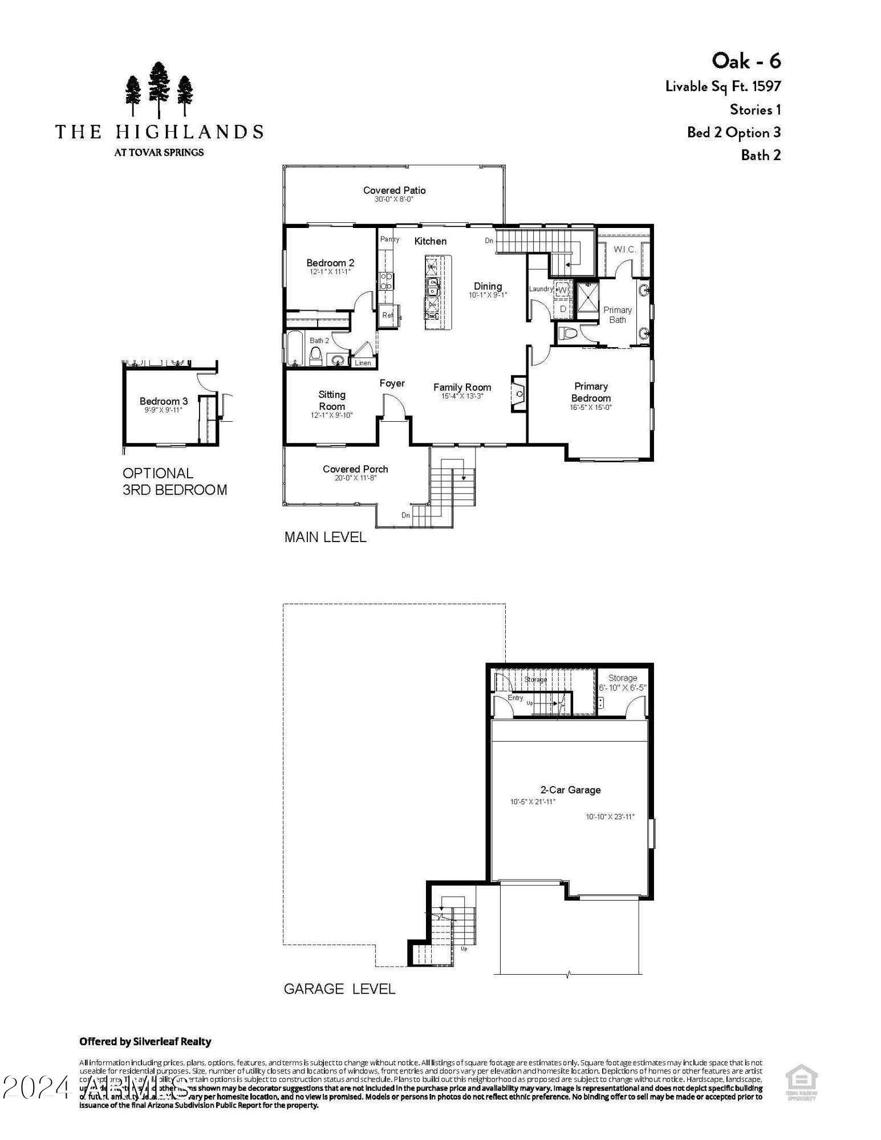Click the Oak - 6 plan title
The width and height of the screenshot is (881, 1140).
point(746,60)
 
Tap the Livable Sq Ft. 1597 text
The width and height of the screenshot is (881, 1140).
point(722,87)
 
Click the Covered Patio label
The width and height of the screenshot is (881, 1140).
point(394,190)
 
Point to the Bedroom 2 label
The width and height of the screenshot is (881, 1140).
point(330,263)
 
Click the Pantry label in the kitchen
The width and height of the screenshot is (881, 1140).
point(389,239)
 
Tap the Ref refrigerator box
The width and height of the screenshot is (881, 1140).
point(388,315)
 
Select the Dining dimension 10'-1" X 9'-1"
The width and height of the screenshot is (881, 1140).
point(488,295)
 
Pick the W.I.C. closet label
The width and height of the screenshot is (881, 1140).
point(624,250)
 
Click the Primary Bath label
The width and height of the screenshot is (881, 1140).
point(618,315)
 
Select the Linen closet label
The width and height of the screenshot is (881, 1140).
point(363,363)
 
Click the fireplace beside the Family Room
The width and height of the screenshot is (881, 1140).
point(519,393)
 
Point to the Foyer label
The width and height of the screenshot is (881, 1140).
point(392,384)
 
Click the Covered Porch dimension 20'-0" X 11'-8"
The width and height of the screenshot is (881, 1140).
point(355,478)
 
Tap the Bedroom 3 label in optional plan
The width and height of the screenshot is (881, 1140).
point(164,401)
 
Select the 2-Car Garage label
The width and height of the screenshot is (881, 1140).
point(570,790)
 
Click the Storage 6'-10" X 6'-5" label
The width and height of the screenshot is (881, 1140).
point(622,683)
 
